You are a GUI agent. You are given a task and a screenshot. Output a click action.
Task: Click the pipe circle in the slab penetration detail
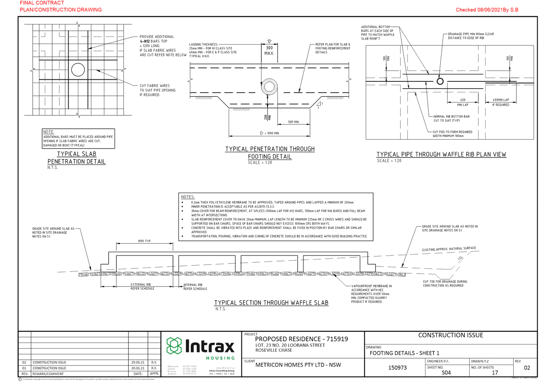(78, 70)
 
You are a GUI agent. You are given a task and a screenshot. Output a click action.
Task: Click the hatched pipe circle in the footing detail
(269, 87)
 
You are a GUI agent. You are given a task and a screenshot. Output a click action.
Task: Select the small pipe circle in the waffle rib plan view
(440, 81)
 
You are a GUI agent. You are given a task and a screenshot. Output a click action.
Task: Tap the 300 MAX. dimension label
(269, 51)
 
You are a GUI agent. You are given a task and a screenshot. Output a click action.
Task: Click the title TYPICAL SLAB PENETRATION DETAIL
(76, 157)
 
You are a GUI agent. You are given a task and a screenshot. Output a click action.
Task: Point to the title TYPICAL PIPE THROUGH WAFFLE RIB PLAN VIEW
(441, 154)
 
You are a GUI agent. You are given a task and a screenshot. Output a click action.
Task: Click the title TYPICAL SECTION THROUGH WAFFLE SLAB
(271, 302)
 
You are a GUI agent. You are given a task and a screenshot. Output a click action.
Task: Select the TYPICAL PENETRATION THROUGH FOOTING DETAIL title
(270, 153)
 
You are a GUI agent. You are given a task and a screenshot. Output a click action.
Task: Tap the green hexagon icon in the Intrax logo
(174, 346)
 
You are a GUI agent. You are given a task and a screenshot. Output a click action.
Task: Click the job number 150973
(397, 368)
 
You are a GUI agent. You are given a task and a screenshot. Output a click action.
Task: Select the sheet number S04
(446, 372)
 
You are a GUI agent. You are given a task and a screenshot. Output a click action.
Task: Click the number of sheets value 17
(495, 372)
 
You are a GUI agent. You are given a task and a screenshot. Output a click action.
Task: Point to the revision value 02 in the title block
(527, 368)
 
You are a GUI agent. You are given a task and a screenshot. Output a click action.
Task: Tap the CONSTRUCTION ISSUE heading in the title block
(451, 335)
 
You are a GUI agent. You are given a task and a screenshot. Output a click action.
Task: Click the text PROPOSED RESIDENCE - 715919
(301, 339)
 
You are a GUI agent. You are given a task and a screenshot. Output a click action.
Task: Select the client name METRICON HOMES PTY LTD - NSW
(298, 365)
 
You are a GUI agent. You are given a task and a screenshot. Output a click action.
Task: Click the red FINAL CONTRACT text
(42, 3)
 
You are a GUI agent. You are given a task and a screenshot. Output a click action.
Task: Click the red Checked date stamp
(487, 10)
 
